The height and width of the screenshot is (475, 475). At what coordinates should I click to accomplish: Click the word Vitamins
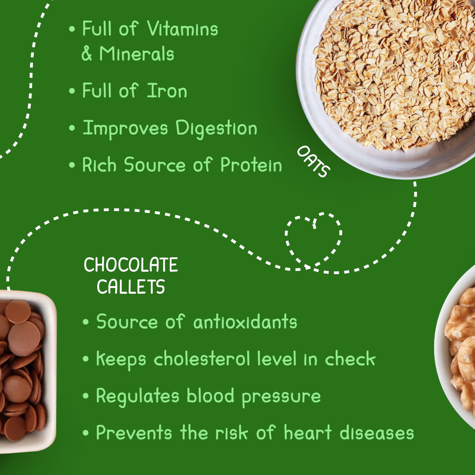(x=183, y=29)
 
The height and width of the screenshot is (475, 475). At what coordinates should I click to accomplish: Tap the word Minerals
(x=137, y=54)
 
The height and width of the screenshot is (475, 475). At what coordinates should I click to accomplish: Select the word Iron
(x=167, y=91)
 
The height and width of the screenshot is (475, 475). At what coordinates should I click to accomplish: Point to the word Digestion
(x=216, y=128)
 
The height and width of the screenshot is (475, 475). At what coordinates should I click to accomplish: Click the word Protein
(x=251, y=165)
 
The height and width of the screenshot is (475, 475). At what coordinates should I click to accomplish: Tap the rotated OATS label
(x=313, y=161)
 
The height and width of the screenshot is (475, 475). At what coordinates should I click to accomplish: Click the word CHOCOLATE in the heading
(x=131, y=265)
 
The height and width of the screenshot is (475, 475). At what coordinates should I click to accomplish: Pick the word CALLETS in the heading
(x=131, y=287)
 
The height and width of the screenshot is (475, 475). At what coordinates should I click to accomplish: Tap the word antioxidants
(x=245, y=322)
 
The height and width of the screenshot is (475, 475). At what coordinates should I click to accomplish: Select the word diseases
(x=377, y=433)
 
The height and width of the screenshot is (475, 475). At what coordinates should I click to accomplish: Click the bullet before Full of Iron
(x=72, y=91)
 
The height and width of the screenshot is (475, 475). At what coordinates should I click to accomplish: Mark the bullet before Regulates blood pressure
(x=86, y=396)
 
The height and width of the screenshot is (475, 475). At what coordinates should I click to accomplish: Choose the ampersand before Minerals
(x=86, y=54)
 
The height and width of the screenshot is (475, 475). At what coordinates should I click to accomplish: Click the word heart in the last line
(x=308, y=433)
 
